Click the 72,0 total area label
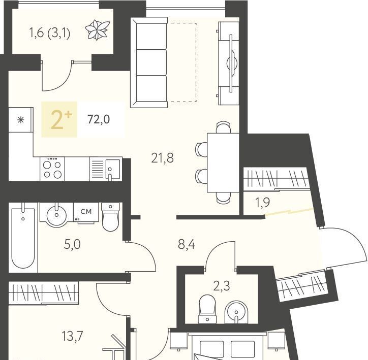pyautogui.click(x=99, y=119)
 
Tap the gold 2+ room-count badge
pyautogui.click(x=59, y=119)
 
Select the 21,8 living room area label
pyautogui.click(x=163, y=158)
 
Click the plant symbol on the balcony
pyautogui.click(x=97, y=30)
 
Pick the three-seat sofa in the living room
pyautogui.click(x=149, y=62)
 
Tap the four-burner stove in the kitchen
pyautogui.click(x=52, y=169)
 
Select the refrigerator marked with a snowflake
pyautogui.click(x=21, y=120)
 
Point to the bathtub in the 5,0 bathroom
pyautogui.click(x=23, y=238)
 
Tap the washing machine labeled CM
pyautogui.click(x=86, y=212)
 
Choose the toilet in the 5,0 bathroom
pyautogui.click(x=110, y=217)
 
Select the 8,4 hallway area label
pyautogui.click(x=187, y=245)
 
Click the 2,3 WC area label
pyautogui.click(x=221, y=286)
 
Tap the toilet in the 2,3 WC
pyautogui.click(x=207, y=309)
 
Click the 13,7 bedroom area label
pyautogui.click(x=73, y=336)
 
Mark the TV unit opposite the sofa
pyautogui.click(x=228, y=63)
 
